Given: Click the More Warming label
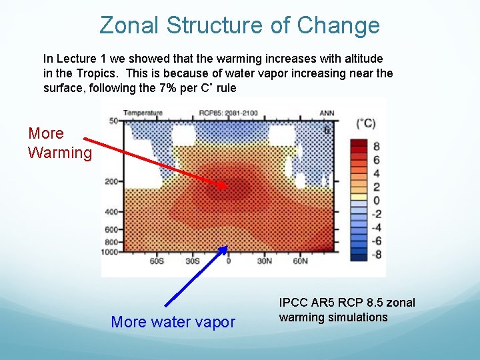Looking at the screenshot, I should [x=59, y=143].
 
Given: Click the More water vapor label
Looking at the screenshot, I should [x=173, y=322].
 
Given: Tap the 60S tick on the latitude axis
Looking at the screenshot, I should [x=157, y=261].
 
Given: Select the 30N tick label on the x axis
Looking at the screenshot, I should [x=265, y=261].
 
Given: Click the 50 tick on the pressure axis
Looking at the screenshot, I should [x=114, y=121].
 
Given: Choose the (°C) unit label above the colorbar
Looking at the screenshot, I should [x=366, y=124].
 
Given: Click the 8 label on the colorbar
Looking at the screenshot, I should [x=377, y=146].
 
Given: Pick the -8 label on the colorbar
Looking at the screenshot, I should [x=375, y=254].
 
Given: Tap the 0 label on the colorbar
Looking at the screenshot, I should [x=377, y=200].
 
